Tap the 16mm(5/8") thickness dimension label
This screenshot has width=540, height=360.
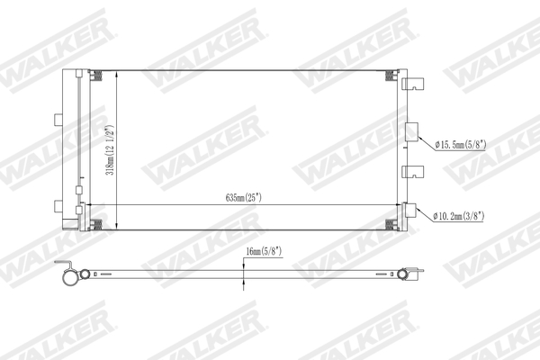pyautogui.click(x=264, y=252)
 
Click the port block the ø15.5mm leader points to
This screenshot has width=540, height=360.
pyautogui.click(x=411, y=130)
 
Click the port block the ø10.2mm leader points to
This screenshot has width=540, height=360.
pyautogui.click(x=411, y=211)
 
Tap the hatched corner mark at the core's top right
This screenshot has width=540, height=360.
pyautogui.click(x=390, y=75)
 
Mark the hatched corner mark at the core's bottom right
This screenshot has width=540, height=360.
pyautogui.click(x=390, y=223)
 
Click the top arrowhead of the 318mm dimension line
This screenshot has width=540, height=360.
pyautogui.click(x=118, y=73)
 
